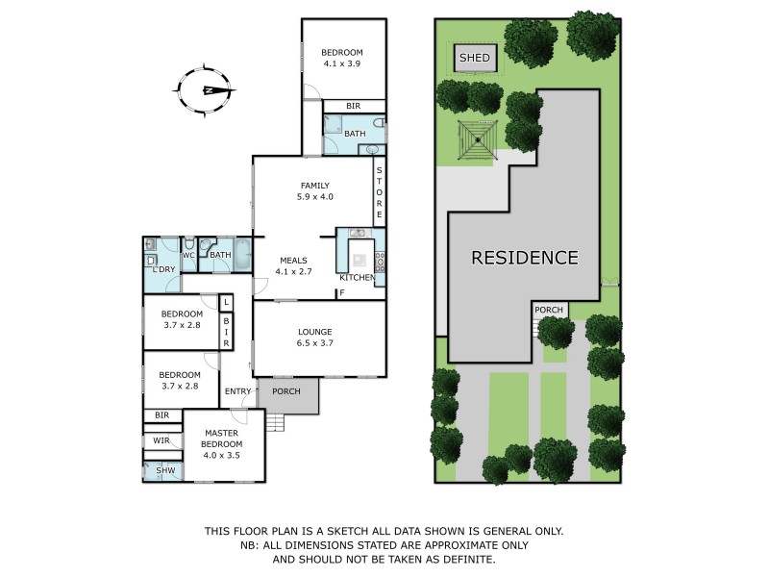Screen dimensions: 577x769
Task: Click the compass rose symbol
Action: click(206, 90)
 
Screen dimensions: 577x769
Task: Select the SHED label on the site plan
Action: click(475, 59)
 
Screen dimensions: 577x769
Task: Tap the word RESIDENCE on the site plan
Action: click(524, 258)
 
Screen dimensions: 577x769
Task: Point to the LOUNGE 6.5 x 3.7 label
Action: click(314, 338)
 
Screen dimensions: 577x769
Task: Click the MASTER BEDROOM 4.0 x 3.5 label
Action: click(221, 444)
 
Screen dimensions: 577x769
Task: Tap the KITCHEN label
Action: click(357, 278)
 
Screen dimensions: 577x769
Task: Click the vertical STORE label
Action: click(380, 189)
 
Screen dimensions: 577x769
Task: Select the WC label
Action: click(190, 255)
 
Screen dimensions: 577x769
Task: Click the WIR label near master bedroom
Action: click(161, 440)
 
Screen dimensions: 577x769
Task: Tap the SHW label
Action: click(164, 470)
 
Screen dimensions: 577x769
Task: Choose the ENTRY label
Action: click(237, 391)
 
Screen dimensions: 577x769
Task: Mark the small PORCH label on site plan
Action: click(549, 310)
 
